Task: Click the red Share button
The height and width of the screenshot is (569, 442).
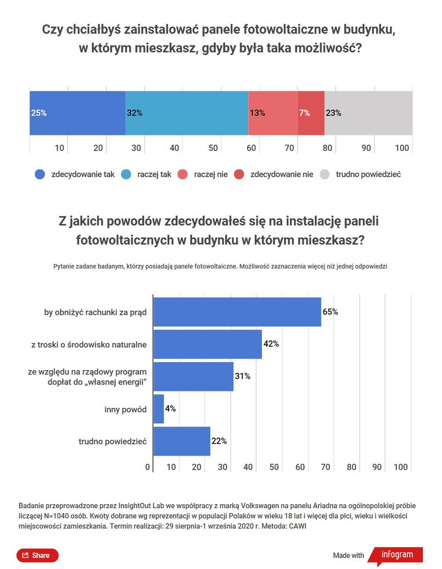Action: [x=37, y=555]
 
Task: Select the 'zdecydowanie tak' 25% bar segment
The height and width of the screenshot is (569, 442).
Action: [x=77, y=113]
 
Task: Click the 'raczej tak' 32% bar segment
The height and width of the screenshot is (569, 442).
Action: [x=187, y=113]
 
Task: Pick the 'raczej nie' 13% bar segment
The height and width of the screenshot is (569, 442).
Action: [x=273, y=113]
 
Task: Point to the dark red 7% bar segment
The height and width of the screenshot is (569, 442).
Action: [x=311, y=113]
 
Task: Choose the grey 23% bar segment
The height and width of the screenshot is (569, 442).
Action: [x=368, y=113]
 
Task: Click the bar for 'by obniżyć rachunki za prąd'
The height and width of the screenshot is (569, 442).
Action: [x=237, y=312]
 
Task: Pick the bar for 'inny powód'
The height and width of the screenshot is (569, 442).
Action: [x=159, y=409]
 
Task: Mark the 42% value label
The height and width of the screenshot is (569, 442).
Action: [x=271, y=344]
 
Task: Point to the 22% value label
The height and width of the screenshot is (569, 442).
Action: [x=219, y=441]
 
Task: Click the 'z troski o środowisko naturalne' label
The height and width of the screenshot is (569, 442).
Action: [x=88, y=345]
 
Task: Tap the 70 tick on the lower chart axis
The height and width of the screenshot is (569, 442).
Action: [x=326, y=467]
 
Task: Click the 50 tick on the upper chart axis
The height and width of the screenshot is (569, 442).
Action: [x=212, y=147]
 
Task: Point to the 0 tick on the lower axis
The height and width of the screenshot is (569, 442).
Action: [x=148, y=467]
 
